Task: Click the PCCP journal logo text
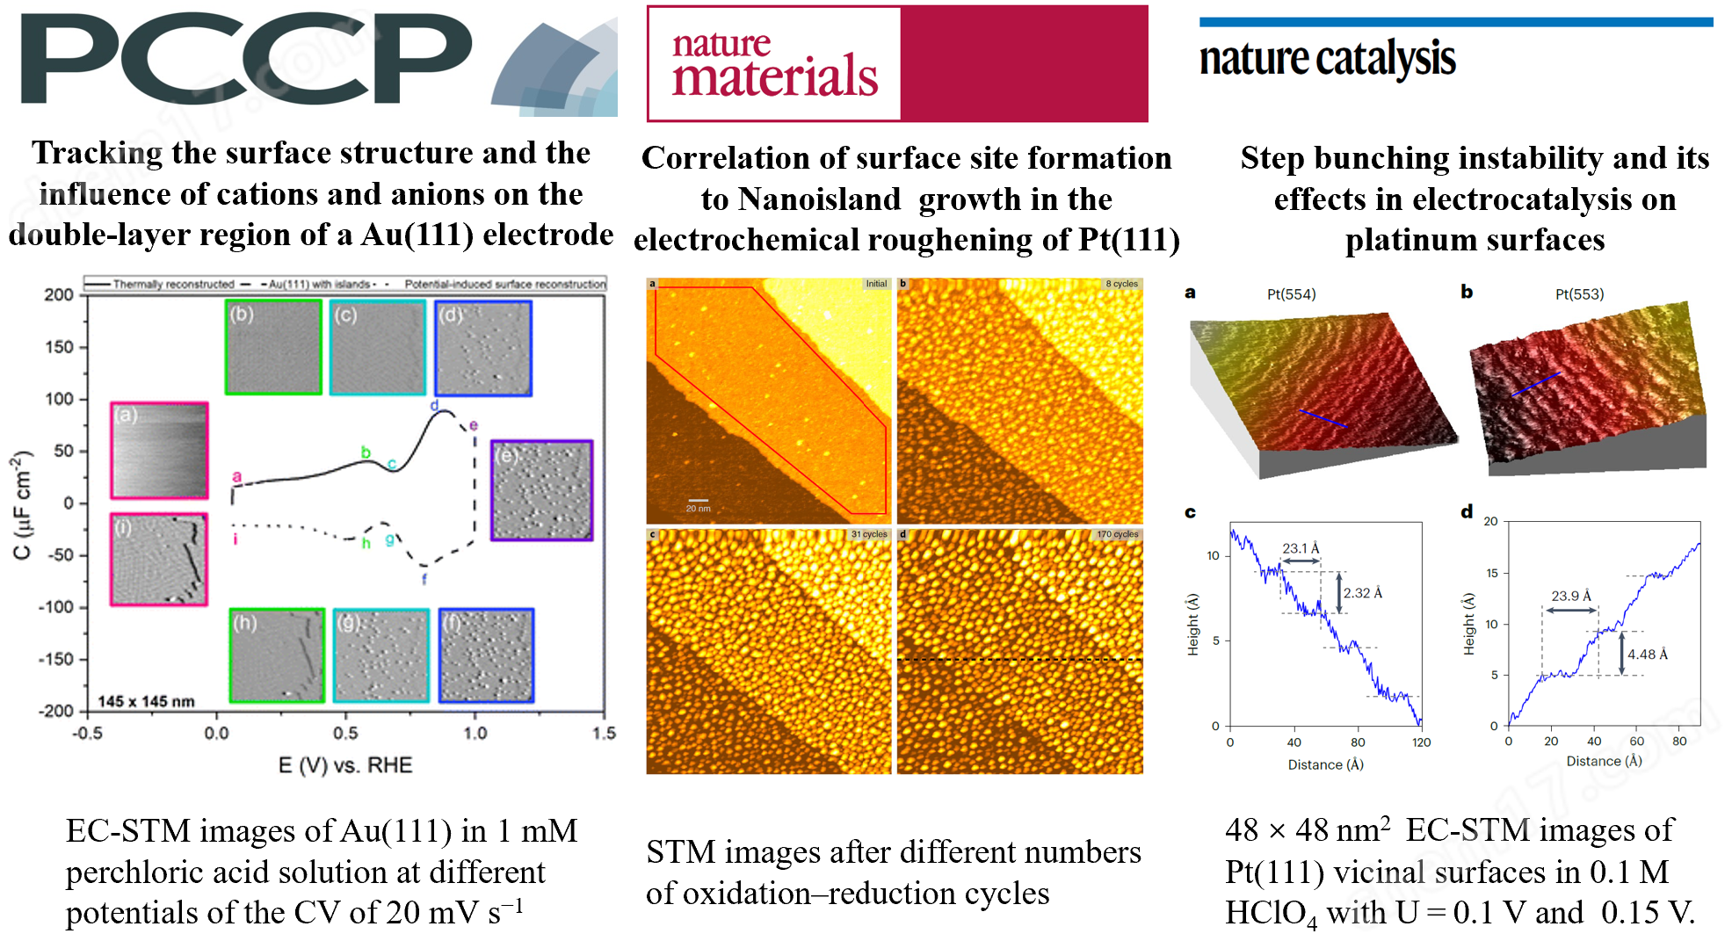[246, 60]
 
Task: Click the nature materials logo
[774, 63]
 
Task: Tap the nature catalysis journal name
[1327, 59]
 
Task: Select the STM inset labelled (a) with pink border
[159, 451]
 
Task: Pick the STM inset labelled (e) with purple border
[541, 490]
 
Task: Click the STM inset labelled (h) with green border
[277, 655]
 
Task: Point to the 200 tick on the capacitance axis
[59, 295]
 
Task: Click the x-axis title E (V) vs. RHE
[345, 765]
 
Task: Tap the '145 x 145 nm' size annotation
[146, 701]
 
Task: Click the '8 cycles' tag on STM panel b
[1121, 284]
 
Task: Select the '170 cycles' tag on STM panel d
[1117, 534]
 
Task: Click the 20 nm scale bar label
[698, 509]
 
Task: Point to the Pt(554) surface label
[1291, 294]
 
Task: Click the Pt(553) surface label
[1579, 294]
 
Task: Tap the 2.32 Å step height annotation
[1362, 593]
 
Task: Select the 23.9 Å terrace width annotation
[1571, 596]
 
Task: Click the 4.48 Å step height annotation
[1647, 655]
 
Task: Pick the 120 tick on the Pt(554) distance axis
[1421, 742]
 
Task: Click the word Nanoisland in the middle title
[819, 199]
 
